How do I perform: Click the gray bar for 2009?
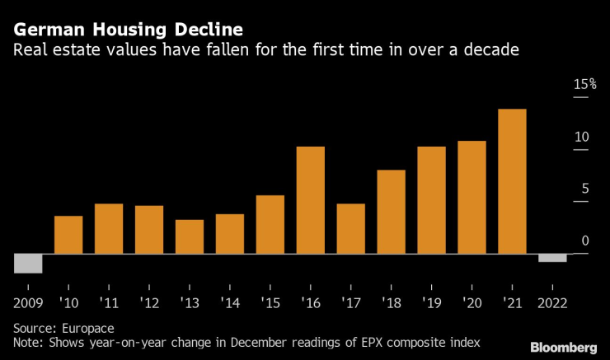[28, 263]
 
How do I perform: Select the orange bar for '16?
[310, 199]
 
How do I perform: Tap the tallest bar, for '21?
[513, 181]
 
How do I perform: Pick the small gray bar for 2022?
[552, 258]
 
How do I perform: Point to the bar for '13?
[190, 236]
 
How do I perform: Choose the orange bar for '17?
[350, 228]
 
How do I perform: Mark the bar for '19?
[431, 199]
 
